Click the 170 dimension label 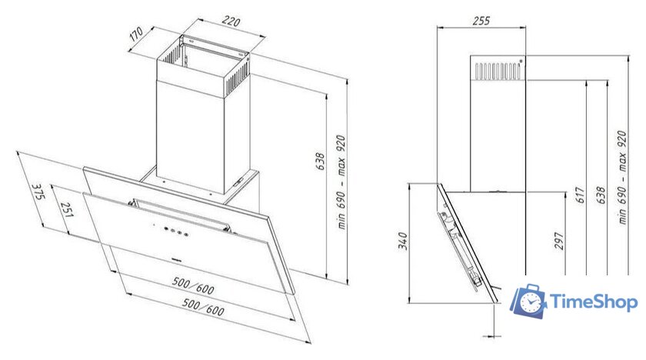point(136,34)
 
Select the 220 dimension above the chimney point(231,21)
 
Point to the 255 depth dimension point(481,20)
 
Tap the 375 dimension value point(38,192)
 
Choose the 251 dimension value point(67,210)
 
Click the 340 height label point(402,241)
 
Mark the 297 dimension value point(558,241)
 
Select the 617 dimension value point(581,195)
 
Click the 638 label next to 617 point(601,195)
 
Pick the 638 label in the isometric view point(320,162)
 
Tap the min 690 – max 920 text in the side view point(622,177)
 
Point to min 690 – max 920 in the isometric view point(341,182)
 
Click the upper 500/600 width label point(193,285)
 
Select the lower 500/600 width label point(204,307)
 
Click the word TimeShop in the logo point(594,302)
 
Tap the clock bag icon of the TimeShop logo point(528,301)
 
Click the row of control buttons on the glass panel point(176,231)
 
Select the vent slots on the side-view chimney point(498,71)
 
